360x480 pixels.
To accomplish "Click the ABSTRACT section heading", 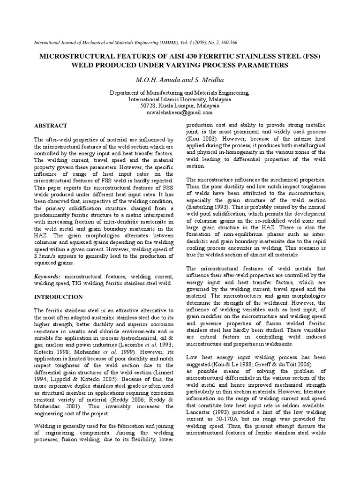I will [51, 126].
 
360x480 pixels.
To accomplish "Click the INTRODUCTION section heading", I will [59, 297].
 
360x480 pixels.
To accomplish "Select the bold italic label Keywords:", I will [48, 277].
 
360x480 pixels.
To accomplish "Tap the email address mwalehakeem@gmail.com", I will [180, 112].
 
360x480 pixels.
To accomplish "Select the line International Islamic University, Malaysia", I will [180, 99].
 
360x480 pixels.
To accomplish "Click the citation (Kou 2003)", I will [202, 140].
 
